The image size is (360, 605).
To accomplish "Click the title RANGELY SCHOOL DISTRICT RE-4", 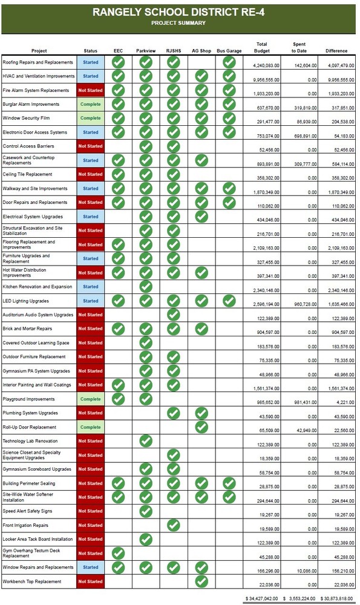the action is coord(178,12).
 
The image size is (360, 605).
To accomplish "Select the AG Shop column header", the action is coord(201,51).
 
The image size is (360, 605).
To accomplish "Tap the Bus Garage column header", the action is coord(229,51).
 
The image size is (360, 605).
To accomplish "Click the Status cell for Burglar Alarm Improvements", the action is coord(90,104).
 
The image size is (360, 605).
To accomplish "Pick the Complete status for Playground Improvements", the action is coord(90,399).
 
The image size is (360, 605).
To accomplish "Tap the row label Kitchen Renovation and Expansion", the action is coord(38,287).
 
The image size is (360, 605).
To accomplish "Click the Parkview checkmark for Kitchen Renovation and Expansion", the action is coord(145,287).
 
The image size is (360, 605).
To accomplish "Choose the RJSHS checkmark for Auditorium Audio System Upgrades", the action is coord(174,315).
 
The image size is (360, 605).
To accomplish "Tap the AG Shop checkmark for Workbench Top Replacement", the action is coord(201,581).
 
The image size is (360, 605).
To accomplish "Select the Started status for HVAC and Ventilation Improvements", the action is coord(90,76).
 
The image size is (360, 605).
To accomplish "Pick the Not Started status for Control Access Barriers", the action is coord(90,146).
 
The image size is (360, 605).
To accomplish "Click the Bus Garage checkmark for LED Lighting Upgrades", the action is coord(229,301).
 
